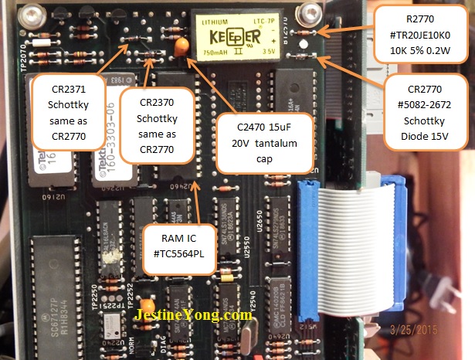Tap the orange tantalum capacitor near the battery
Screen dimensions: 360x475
(x=179, y=47)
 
